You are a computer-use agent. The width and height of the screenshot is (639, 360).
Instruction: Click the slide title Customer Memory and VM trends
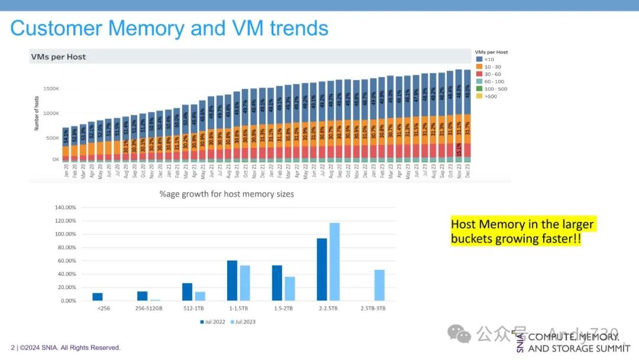coord(169,28)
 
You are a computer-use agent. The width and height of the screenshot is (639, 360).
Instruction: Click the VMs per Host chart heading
coord(59,57)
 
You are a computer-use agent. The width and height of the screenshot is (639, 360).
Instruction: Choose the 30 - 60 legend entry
coord(492,74)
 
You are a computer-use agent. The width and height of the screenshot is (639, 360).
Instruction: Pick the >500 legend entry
coord(490,96)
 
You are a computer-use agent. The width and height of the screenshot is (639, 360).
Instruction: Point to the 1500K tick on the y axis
coord(50,89)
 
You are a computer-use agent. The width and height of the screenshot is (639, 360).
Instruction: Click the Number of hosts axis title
coord(37,115)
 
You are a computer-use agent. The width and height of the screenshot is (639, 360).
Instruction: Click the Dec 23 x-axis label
coord(467,171)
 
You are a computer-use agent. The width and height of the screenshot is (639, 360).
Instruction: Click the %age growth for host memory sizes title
coord(226,194)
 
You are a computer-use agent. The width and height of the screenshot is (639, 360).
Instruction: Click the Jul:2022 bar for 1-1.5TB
coord(232,281)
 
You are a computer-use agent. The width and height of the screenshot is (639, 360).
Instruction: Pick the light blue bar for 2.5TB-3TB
coord(379,285)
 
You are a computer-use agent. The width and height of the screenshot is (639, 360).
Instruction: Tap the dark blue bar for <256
coord(97,297)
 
